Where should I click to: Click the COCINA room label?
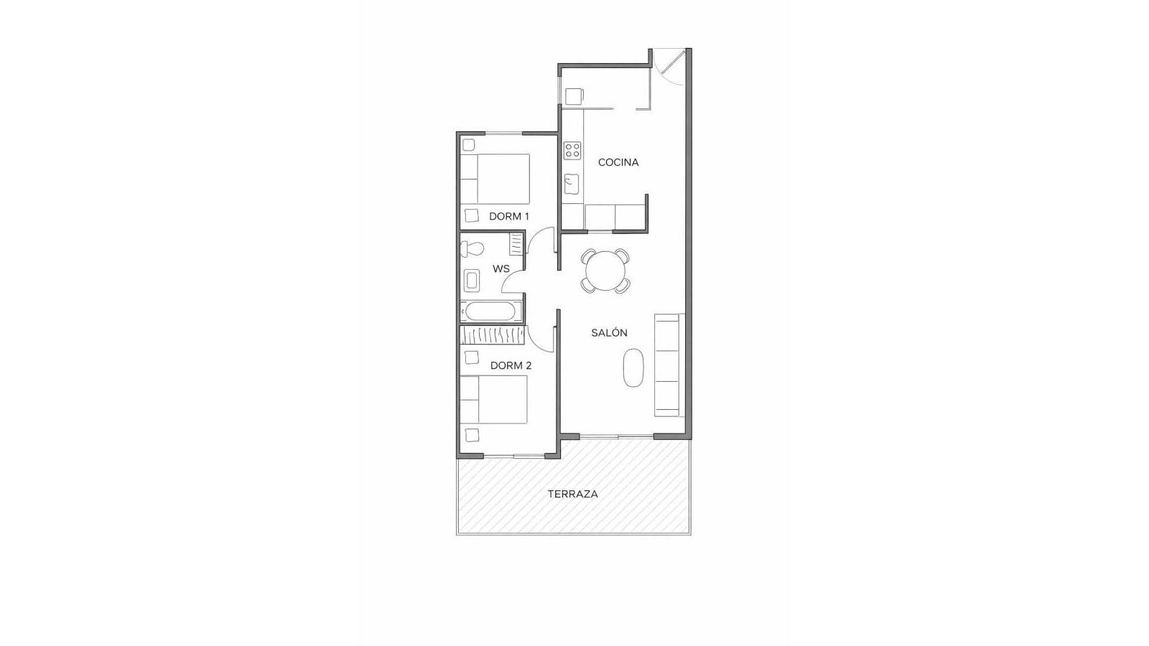(x=618, y=162)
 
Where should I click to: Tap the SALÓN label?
(x=609, y=332)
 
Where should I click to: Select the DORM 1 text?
(x=508, y=216)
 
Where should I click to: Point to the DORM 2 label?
(x=511, y=365)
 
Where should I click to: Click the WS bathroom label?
(x=501, y=268)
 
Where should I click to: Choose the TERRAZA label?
(x=572, y=494)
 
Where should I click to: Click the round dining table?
(x=605, y=271)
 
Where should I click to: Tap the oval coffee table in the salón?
(x=633, y=368)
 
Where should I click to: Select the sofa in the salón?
(x=668, y=365)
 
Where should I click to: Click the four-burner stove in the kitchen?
(x=572, y=150)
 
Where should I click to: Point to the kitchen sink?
(x=572, y=184)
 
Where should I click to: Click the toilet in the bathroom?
(x=472, y=249)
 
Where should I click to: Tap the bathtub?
(x=490, y=311)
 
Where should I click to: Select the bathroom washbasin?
(x=472, y=279)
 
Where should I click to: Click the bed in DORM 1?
(x=496, y=179)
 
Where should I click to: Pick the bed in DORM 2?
(x=494, y=400)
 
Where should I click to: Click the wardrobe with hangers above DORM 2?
(x=492, y=335)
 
